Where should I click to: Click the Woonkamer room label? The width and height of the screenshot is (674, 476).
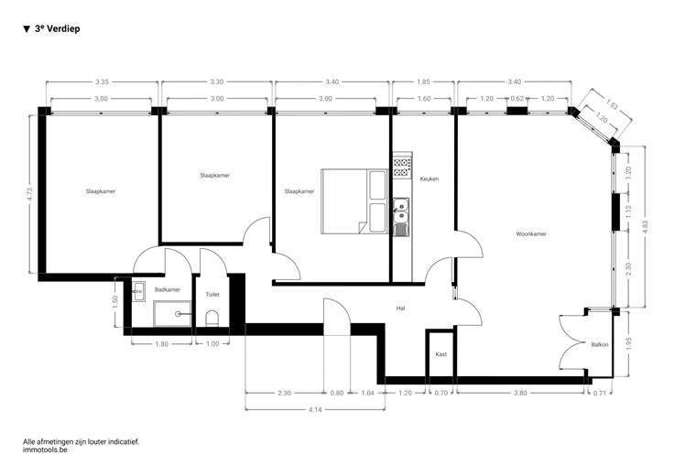(531, 234)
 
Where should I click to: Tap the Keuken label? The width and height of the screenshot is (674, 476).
(429, 178)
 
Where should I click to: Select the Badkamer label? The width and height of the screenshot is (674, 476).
(168, 289)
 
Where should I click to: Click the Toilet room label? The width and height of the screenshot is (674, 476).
(212, 294)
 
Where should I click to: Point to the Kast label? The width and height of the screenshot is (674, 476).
(441, 354)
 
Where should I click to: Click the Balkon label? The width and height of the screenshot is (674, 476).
(600, 344)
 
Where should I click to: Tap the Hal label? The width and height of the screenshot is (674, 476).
(400, 308)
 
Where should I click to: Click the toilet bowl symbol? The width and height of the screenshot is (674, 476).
(212, 319)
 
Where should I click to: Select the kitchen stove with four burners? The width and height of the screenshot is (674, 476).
(402, 168)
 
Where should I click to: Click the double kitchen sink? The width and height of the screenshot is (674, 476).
(401, 211)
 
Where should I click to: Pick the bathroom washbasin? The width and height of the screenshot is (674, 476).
(138, 292)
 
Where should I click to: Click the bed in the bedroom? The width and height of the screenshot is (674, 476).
(354, 201)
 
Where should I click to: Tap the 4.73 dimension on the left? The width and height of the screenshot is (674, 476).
(29, 194)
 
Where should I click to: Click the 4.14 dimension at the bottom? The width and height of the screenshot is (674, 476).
(315, 409)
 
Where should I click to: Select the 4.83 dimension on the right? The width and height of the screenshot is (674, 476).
(645, 227)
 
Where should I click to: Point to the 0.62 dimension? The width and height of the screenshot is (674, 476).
(517, 98)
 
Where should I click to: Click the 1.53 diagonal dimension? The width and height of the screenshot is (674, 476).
(612, 104)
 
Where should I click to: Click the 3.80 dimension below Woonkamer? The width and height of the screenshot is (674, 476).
(520, 393)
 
